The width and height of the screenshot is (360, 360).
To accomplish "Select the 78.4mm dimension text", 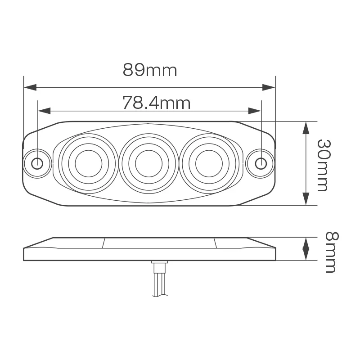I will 156,103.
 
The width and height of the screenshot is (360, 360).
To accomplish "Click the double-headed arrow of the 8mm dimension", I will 306,249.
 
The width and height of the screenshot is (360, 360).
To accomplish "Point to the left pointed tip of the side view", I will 24,248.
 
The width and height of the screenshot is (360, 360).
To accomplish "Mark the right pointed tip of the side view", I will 274,248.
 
